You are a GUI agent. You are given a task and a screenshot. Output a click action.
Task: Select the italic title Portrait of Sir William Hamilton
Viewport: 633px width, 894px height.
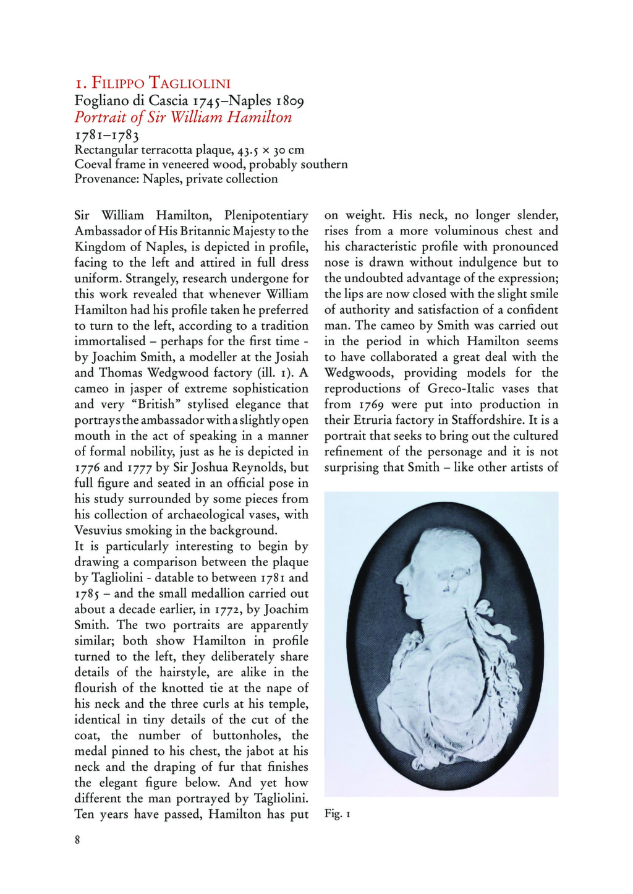pos(183,118)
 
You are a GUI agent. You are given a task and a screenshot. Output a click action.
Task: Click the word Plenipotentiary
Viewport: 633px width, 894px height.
pos(266,215)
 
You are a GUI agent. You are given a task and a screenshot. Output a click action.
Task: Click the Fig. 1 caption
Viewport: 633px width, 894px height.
pos(338,814)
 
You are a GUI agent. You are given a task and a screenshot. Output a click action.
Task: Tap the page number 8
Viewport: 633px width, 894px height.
pos(77,840)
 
